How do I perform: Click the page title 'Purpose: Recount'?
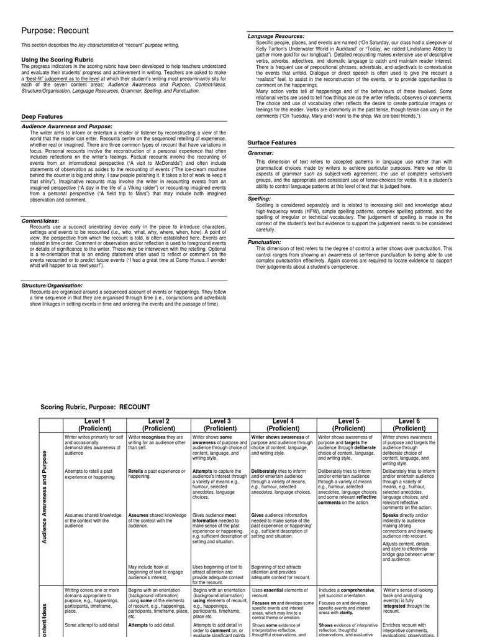click(x=55, y=30)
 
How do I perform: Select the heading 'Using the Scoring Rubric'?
click(x=57, y=59)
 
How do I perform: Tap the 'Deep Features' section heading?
click(x=42, y=116)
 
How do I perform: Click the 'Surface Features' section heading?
click(x=272, y=142)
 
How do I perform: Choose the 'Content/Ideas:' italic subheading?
click(x=40, y=220)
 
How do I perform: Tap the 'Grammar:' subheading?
click(x=260, y=152)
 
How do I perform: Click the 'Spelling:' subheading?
click(x=260, y=198)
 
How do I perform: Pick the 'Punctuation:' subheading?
click(x=265, y=242)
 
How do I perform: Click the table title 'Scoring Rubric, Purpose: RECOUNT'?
click(x=95, y=407)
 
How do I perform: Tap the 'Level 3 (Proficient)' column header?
click(x=220, y=425)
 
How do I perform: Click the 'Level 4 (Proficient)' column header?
click(x=283, y=425)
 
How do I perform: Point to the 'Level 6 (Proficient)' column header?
click(x=409, y=425)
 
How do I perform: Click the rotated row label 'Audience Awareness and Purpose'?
click(x=45, y=507)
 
